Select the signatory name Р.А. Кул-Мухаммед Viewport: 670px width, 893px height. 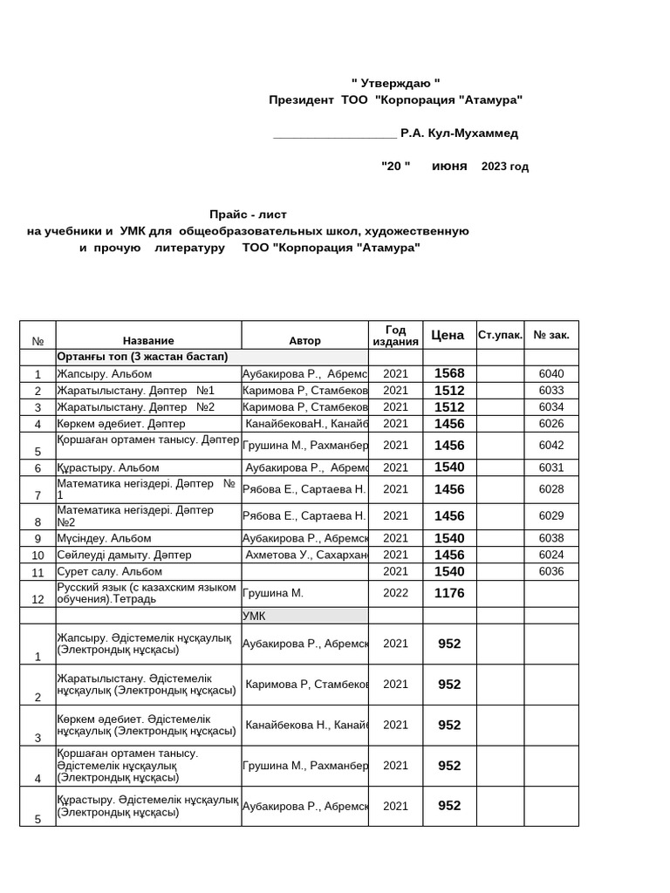[459, 133]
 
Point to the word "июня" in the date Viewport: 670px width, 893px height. [449, 166]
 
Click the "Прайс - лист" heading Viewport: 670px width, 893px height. [248, 215]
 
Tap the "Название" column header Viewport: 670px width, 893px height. [148, 341]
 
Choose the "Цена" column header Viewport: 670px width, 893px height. [448, 335]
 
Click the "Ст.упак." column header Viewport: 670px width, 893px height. [501, 335]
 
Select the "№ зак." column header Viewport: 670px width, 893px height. [551, 335]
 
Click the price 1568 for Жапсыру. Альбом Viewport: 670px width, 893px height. [449, 373]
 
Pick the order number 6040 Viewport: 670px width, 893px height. [551, 373]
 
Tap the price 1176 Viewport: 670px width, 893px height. [449, 593]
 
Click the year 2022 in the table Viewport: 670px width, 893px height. [395, 593]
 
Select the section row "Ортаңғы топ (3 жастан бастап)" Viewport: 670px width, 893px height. [142, 357]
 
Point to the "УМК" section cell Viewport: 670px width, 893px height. [254, 616]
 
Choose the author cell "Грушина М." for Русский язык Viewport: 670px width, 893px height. [273, 593]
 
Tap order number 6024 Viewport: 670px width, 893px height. [551, 555]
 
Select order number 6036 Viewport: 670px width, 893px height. [551, 572]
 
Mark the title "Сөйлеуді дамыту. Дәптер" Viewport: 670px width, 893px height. [124, 555]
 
